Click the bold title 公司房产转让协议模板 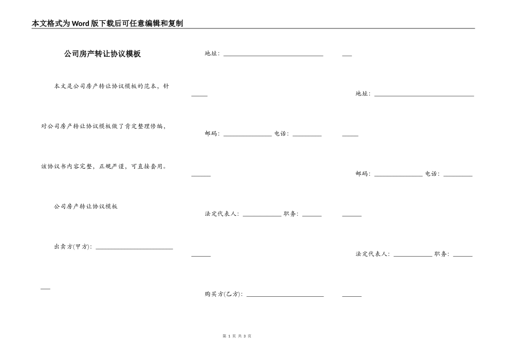tap(102, 54)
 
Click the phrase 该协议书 tap(54, 167)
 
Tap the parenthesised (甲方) tap(81, 247)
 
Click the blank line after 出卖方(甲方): tap(134, 247)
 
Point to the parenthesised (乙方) tap(231, 294)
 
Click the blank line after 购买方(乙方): tap(285, 295)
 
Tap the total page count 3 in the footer tap(244, 336)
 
